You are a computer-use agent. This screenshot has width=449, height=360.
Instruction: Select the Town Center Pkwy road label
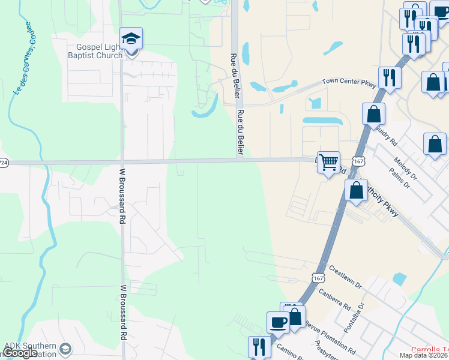click(x=349, y=81)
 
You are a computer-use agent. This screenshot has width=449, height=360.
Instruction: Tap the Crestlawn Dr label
click(x=344, y=275)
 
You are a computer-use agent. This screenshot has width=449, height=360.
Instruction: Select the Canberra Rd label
click(x=338, y=298)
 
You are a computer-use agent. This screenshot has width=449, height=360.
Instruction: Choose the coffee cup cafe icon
click(x=278, y=323)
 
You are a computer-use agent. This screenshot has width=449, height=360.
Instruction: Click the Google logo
click(x=20, y=353)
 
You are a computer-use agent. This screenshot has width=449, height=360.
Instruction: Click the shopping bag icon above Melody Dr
click(x=434, y=145)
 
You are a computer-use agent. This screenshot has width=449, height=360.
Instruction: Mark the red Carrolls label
click(x=429, y=350)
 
